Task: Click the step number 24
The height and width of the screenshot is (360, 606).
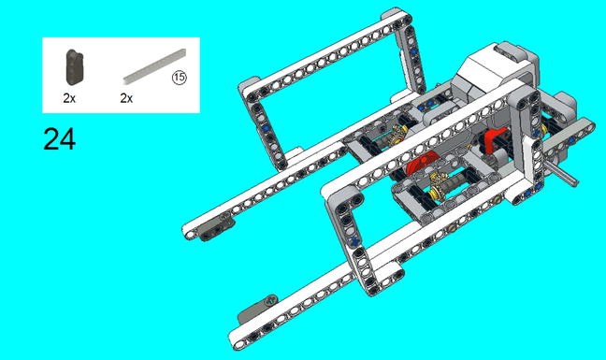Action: tap(59, 139)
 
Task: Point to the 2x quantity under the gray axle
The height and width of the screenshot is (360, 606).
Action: tap(126, 97)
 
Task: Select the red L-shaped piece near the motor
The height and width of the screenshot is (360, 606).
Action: tap(493, 143)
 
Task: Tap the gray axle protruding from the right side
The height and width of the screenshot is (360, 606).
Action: tap(562, 177)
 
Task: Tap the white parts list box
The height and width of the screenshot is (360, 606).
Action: tap(121, 77)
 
